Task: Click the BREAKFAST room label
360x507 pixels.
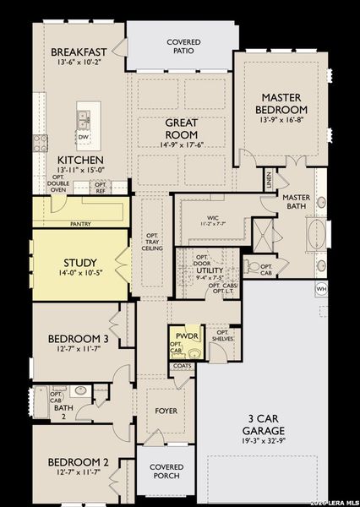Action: point(79,51)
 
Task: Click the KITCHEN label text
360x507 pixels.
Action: point(80,160)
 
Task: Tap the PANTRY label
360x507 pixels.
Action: point(81,224)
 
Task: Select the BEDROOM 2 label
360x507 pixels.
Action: point(78,461)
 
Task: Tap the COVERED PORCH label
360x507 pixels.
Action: point(166,472)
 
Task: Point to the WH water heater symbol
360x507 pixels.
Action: point(320,289)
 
